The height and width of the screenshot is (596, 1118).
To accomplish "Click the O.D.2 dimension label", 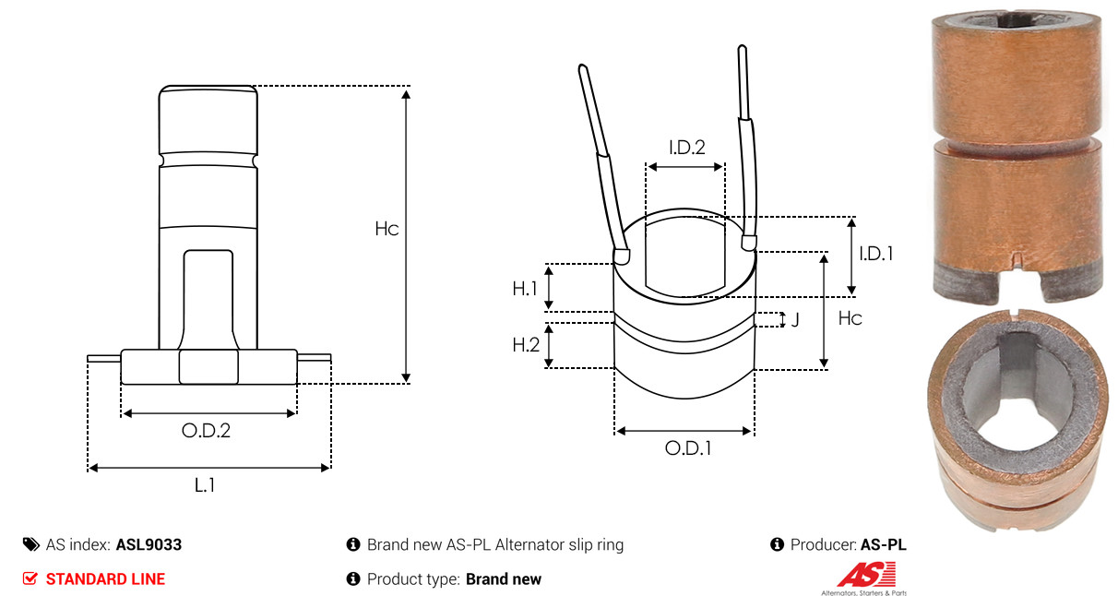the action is [x=206, y=430].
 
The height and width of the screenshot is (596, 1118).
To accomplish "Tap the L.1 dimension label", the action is [x=205, y=484].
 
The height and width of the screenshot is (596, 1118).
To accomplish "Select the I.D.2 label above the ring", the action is [x=687, y=148].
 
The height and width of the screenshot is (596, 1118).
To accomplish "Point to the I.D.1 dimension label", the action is [x=876, y=254].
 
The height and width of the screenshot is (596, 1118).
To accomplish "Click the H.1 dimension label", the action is [x=525, y=289].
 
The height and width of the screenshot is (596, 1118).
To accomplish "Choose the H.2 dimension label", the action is [x=526, y=344].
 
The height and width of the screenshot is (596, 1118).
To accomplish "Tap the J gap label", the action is [x=795, y=319].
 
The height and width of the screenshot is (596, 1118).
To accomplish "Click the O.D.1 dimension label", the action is [x=688, y=448].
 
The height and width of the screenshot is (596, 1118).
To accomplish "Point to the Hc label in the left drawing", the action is [x=387, y=229].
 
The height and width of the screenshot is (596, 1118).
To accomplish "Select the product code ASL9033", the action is [x=149, y=544].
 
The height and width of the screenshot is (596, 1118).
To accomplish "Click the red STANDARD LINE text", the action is [x=105, y=579].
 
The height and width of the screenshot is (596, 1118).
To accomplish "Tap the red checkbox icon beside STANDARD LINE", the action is [x=30, y=578].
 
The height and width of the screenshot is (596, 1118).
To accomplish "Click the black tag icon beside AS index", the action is [x=31, y=544].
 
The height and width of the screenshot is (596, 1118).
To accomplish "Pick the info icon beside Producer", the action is [x=777, y=544].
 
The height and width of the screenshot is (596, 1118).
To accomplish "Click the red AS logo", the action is [x=867, y=575].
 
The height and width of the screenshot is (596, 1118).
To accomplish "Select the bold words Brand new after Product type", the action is [x=504, y=579].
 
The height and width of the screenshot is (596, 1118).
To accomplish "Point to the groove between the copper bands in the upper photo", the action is [x=1017, y=145].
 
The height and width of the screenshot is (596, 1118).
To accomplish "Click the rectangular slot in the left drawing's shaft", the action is [x=208, y=300].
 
